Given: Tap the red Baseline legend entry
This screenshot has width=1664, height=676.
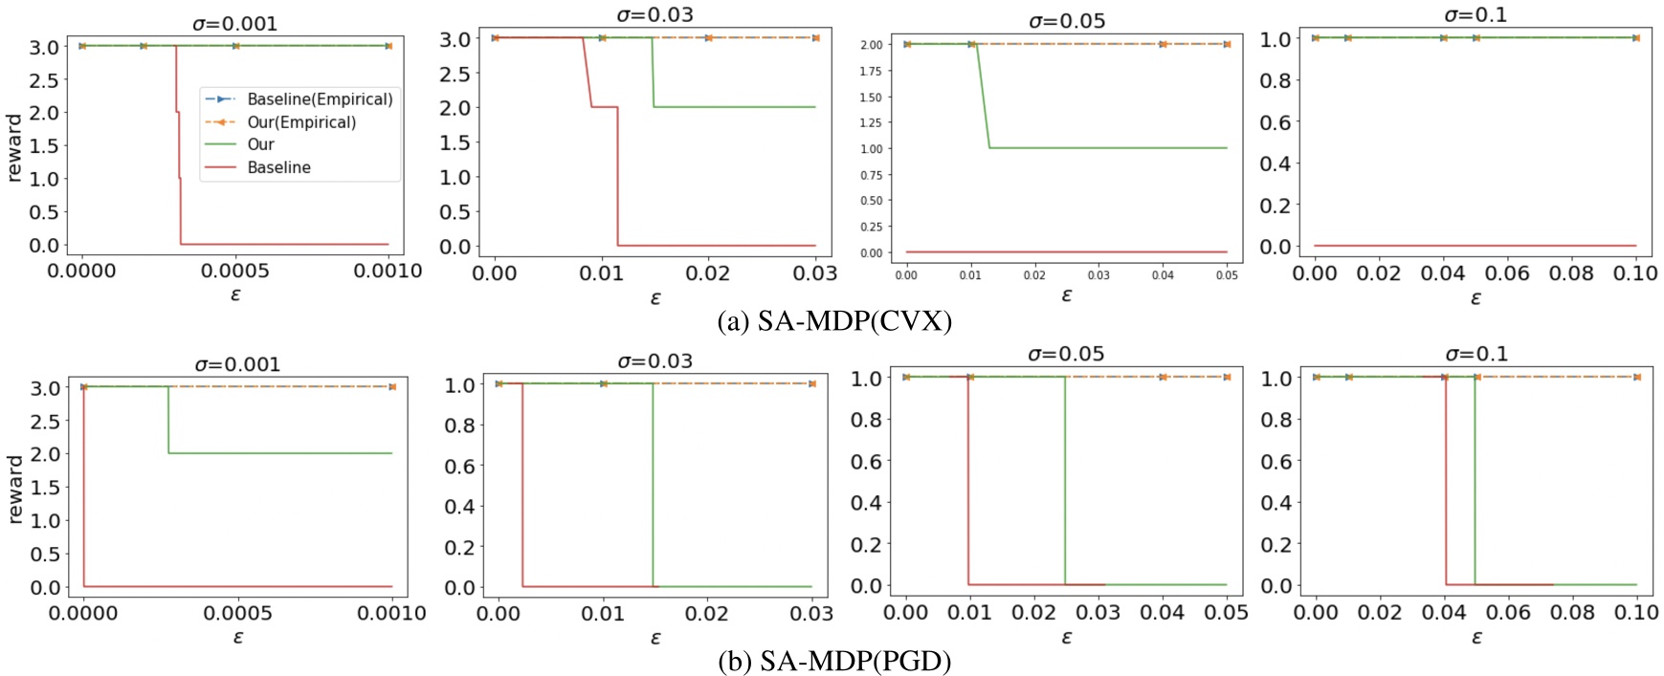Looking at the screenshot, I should pyautogui.click(x=277, y=167).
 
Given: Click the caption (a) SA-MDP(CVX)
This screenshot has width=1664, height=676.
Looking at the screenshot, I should pyautogui.click(x=834, y=321).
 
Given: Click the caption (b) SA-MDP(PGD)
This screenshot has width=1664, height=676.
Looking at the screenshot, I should pyautogui.click(x=834, y=661).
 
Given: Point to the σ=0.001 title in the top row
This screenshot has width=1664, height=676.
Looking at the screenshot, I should pyautogui.click(x=234, y=23).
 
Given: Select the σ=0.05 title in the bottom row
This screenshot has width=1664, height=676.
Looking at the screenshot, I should pyautogui.click(x=1066, y=355).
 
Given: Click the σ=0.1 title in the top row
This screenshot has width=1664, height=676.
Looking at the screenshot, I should pyautogui.click(x=1475, y=14).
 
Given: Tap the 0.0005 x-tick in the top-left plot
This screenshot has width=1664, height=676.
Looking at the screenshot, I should pyautogui.click(x=235, y=272).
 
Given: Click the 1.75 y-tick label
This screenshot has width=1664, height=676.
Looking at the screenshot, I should pyautogui.click(x=870, y=72).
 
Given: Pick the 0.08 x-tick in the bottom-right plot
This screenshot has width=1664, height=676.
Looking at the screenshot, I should pyautogui.click(x=1572, y=612).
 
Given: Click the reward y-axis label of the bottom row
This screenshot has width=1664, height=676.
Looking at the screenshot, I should pyautogui.click(x=14, y=489).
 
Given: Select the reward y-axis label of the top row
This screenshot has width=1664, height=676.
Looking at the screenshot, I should pyautogui.click(x=13, y=147).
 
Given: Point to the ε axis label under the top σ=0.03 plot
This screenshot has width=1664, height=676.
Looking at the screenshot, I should pyautogui.click(x=655, y=298).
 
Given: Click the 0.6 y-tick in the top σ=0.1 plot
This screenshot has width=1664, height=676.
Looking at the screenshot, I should pyautogui.click(x=1275, y=122).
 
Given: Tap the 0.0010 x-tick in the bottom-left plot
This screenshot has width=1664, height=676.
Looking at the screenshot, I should pyautogui.click(x=391, y=614).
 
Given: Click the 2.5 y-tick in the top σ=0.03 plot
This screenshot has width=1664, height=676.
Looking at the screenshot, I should pyautogui.click(x=455, y=74).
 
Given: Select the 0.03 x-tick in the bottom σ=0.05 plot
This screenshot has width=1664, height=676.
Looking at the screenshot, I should pyautogui.click(x=1098, y=612).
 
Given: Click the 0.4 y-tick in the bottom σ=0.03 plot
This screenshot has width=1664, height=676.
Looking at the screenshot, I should pyautogui.click(x=459, y=507).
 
